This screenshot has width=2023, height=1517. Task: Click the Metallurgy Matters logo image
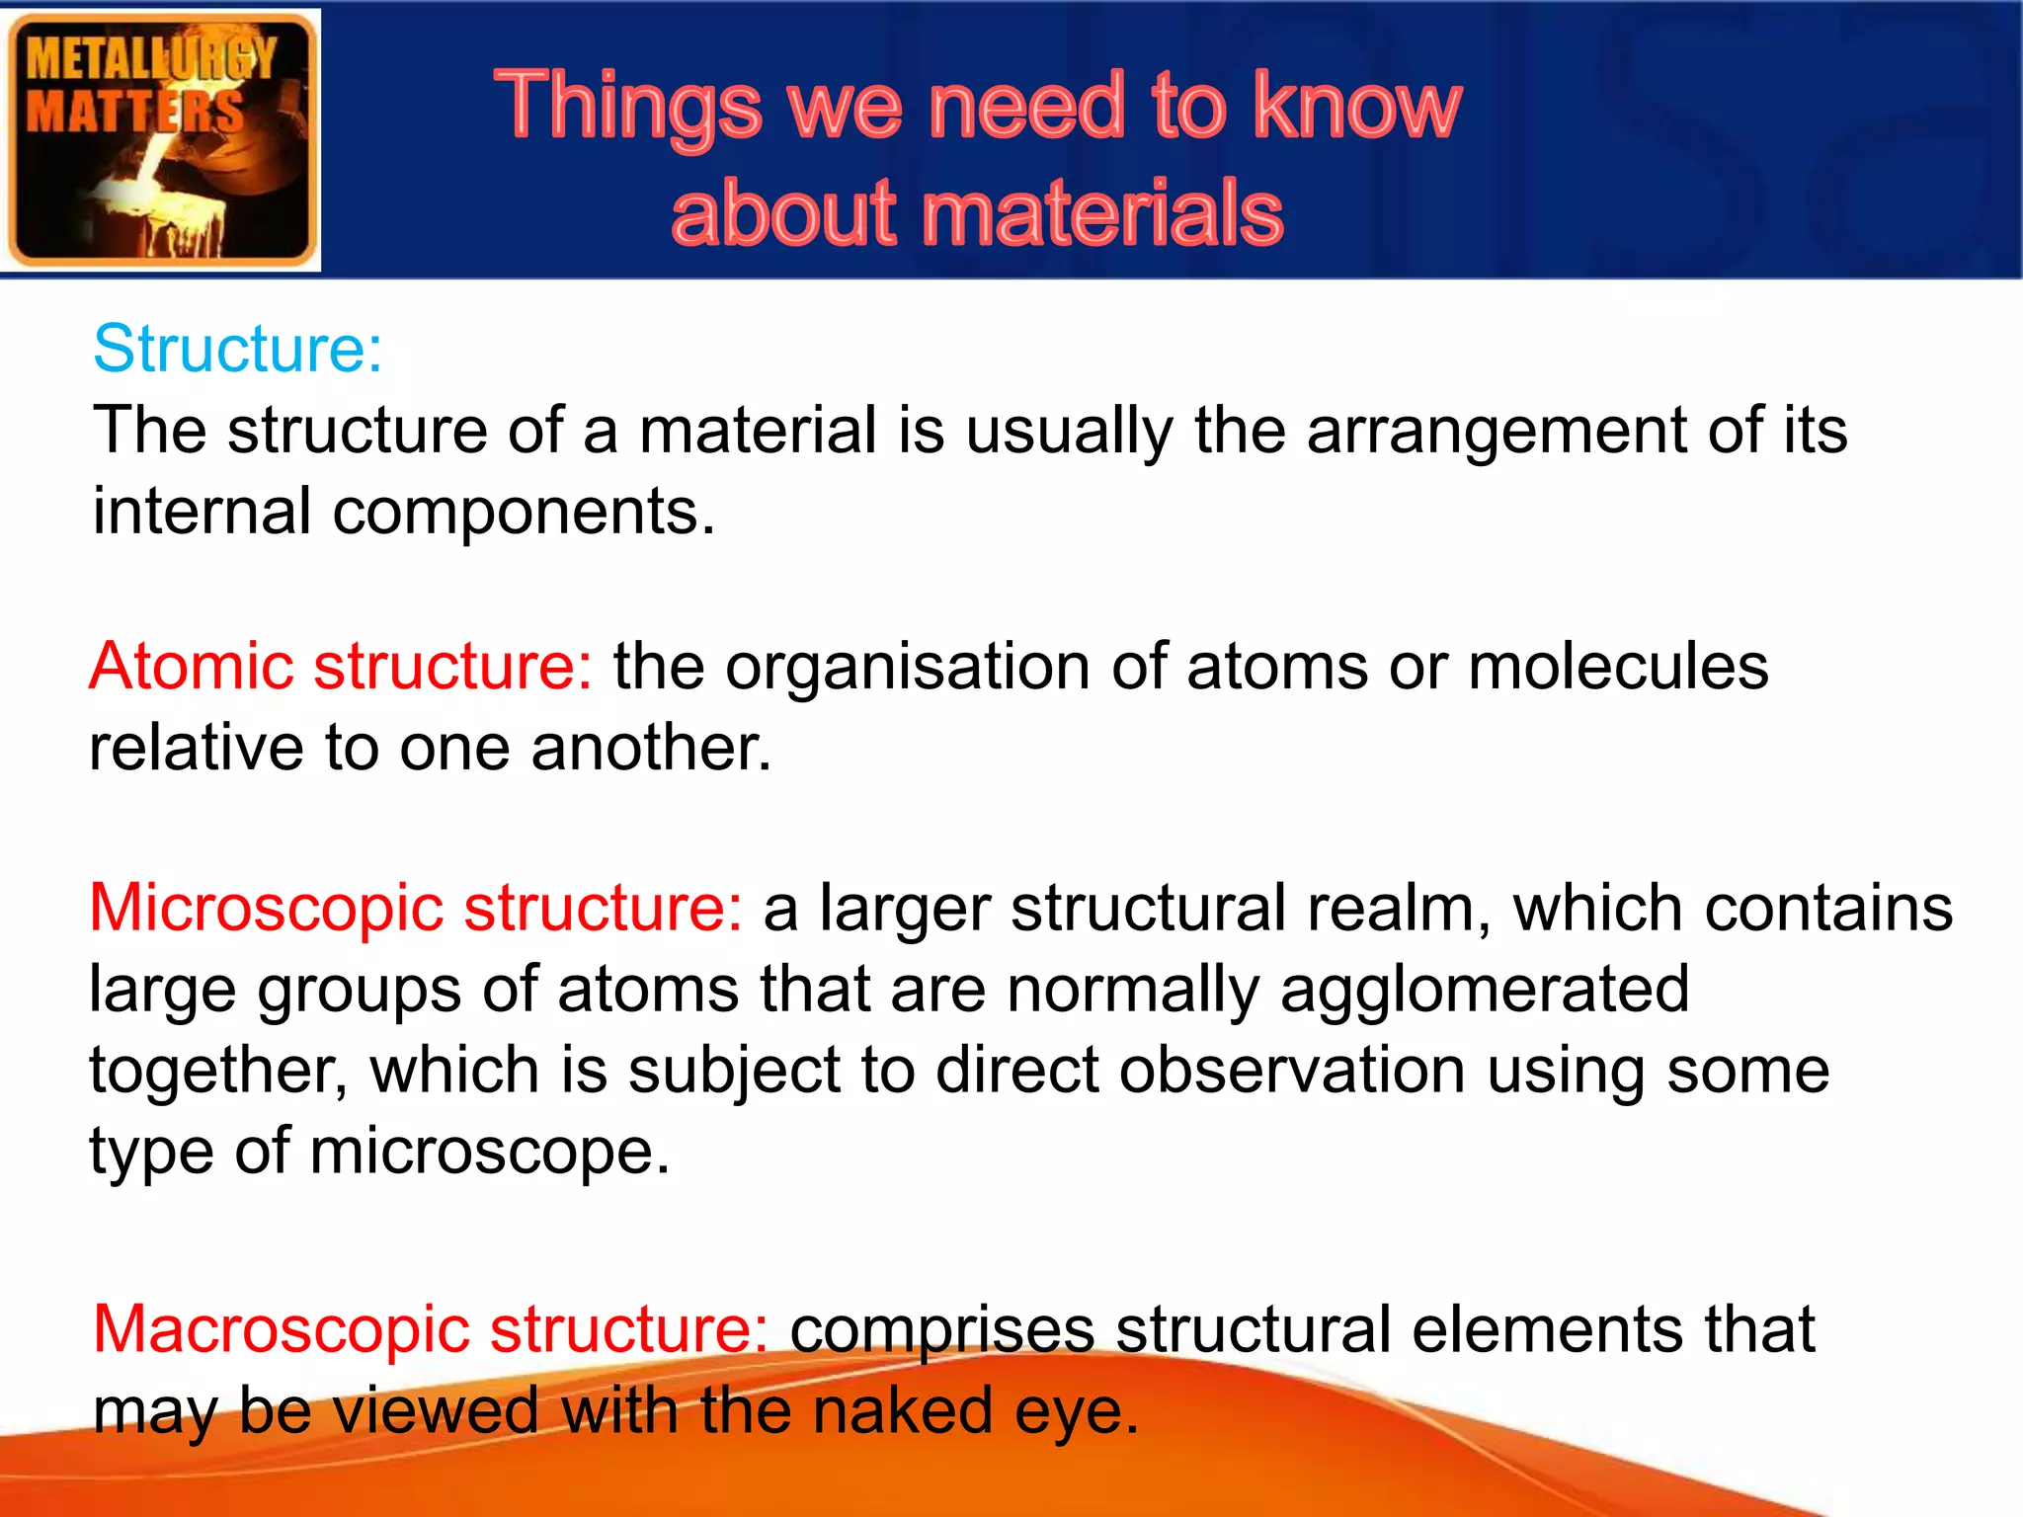coord(161,140)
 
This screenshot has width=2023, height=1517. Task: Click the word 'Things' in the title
coord(628,107)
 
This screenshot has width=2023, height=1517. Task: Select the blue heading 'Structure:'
coord(237,349)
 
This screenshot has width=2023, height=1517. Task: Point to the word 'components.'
coord(524,512)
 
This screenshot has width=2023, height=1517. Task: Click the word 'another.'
coord(651,748)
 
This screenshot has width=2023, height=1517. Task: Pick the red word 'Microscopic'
coord(266,909)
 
